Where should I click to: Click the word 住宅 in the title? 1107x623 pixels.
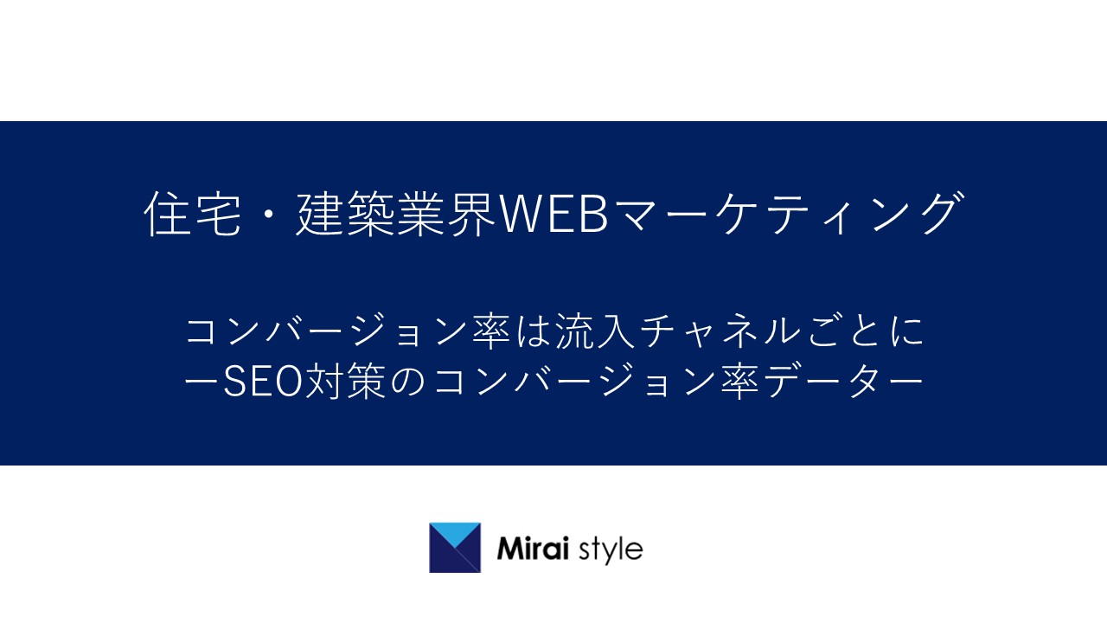193,214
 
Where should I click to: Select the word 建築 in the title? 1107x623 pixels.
346,214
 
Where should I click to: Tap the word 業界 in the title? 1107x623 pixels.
447,214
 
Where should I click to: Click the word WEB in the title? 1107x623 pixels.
554,214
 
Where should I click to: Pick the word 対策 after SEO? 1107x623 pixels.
345,382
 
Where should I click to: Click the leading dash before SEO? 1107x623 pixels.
202,382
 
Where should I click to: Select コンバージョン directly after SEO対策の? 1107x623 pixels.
575,382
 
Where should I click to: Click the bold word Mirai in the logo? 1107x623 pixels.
533,549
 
